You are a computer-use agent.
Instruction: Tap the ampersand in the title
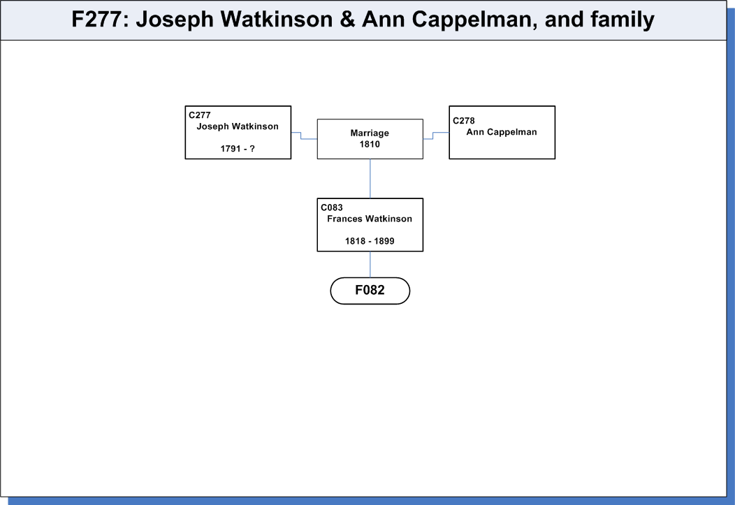347,19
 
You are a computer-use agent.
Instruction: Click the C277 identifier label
200,115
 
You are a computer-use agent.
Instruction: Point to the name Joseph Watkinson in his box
238,126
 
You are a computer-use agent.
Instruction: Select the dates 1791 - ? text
238,149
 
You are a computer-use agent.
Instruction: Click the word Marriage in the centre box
370,133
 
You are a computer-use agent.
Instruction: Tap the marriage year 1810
370,145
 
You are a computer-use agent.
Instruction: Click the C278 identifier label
464,120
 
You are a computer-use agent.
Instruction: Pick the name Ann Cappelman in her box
502,132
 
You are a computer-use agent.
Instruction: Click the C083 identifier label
332,207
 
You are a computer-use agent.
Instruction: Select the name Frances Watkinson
370,219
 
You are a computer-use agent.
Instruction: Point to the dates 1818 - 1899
370,241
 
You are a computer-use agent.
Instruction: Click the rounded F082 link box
370,291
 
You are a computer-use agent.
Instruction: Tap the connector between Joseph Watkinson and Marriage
301,136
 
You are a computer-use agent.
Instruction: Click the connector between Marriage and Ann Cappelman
433,136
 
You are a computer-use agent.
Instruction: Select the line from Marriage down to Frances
370,179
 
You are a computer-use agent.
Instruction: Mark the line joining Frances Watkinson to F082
370,264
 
